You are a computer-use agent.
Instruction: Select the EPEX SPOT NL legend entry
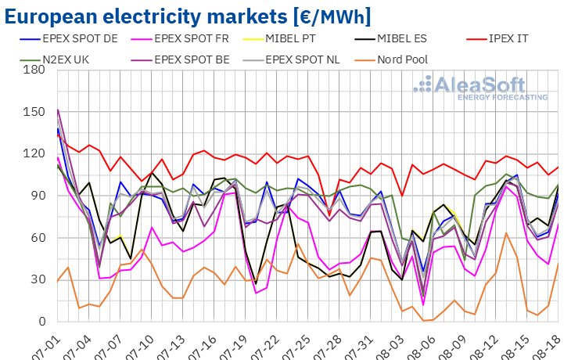pyautogui.click(x=305, y=59)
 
